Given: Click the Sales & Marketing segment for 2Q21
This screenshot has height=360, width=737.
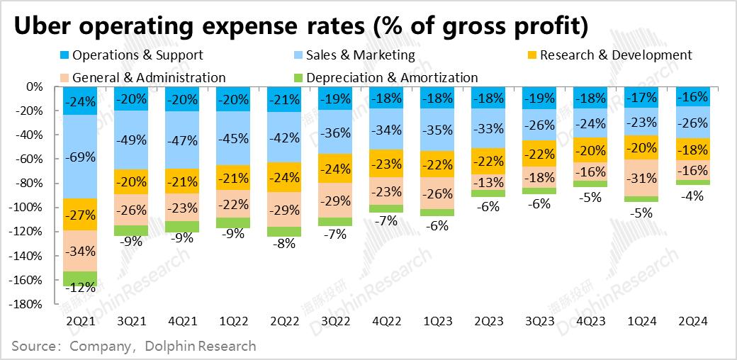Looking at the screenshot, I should [80, 157].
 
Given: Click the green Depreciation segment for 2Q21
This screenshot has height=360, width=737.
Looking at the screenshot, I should [80, 279].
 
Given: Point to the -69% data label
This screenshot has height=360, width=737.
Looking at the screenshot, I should [80, 157].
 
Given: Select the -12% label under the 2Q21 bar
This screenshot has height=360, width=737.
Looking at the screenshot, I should [80, 288].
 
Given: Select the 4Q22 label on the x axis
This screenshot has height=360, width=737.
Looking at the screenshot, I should [386, 321].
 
